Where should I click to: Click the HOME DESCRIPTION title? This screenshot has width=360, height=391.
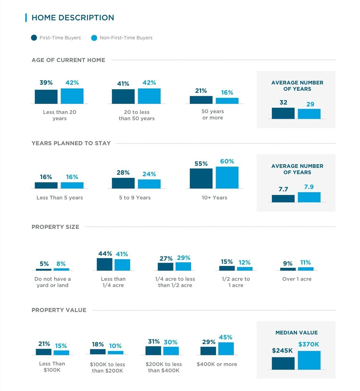(x=73, y=18)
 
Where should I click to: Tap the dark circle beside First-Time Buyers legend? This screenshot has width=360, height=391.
(x=34, y=38)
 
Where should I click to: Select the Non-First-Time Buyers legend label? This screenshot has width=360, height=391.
(x=126, y=38)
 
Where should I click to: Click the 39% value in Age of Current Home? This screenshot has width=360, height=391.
(x=46, y=83)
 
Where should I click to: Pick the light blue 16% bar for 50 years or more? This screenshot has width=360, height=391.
(x=227, y=101)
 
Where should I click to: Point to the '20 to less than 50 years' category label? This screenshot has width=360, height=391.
(x=136, y=115)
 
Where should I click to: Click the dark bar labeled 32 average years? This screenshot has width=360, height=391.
(x=283, y=113)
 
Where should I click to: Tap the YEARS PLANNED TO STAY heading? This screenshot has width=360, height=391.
(x=71, y=143)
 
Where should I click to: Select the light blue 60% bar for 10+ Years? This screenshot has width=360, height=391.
(x=227, y=178)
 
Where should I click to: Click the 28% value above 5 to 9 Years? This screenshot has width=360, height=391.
(x=123, y=173)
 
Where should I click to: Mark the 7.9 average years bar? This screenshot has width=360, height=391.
(x=309, y=197)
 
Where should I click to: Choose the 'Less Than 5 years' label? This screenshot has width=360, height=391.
(x=60, y=198)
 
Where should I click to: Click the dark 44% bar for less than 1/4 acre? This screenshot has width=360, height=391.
(x=104, y=264)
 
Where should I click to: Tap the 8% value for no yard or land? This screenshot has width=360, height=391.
(x=61, y=264)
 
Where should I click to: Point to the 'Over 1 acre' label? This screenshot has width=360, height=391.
(x=297, y=279)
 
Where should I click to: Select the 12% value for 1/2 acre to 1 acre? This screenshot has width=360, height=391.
(x=244, y=262)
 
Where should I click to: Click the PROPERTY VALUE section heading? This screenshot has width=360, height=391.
(x=59, y=310)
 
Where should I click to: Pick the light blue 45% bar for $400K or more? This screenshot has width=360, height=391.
(x=226, y=349)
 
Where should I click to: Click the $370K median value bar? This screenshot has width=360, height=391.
(x=309, y=360)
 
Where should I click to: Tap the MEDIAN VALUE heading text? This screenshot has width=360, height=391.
(x=296, y=333)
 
